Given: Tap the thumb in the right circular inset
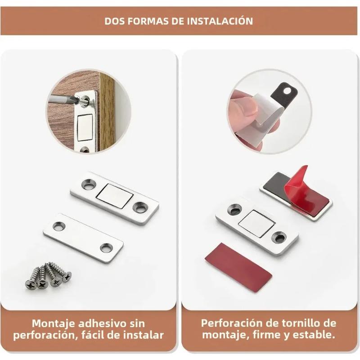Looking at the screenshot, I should [243, 108].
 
